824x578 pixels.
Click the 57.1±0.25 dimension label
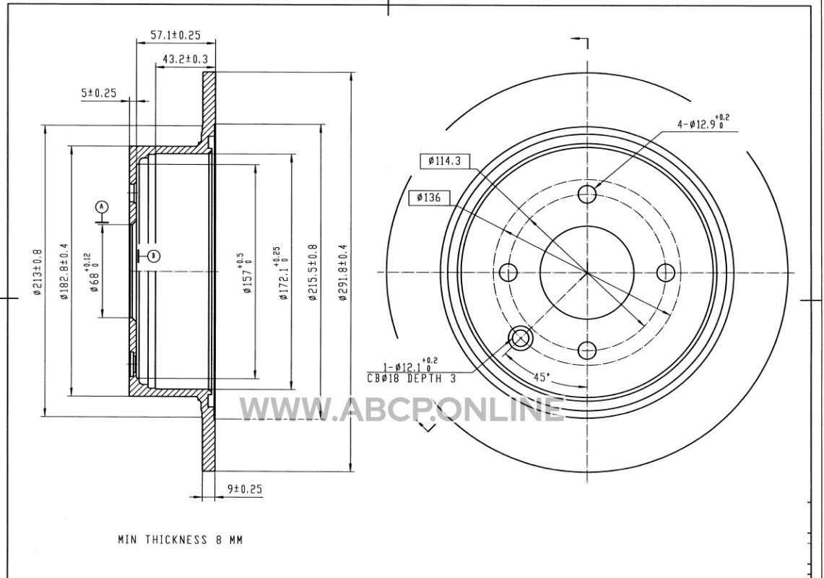pos(175,35)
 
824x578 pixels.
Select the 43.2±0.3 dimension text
pos(185,59)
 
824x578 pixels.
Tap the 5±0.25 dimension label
pos(98,93)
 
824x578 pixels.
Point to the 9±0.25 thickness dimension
pos(244,488)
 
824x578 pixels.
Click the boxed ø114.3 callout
pos(445,161)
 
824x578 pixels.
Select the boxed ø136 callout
pos(429,198)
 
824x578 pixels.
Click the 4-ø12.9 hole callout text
pos(703,123)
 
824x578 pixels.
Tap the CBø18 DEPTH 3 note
pos(412,378)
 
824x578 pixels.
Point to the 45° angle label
pos(542,376)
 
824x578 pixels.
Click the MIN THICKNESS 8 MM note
pos(181,540)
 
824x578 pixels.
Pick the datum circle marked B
pos(154,256)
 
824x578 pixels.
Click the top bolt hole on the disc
pos(587,194)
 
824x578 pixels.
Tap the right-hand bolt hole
pos(666,272)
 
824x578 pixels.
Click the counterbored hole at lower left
pos(520,338)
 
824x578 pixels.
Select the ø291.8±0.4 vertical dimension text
pos(343,272)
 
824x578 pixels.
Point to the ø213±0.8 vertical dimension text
pos(38,272)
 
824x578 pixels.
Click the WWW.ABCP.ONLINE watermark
pos(402,409)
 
